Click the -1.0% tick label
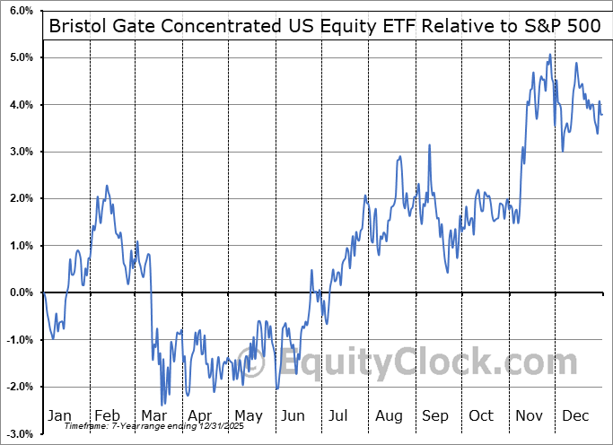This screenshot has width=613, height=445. click(x=17, y=339)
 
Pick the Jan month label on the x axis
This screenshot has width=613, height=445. click(x=58, y=415)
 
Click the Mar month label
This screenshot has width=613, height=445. click(x=153, y=415)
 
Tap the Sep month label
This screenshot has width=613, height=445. click(x=435, y=415)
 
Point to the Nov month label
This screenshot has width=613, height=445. click(x=530, y=415)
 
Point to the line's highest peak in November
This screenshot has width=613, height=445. click(x=550, y=56)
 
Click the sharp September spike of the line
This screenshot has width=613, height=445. click(x=430, y=145)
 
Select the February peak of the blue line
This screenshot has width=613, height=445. click(x=107, y=186)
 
